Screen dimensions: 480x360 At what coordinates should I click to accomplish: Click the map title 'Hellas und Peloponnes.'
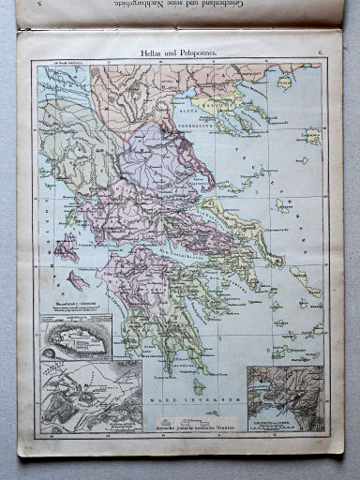coord(177,54)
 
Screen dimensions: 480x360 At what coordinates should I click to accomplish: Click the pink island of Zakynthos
coord(79,279)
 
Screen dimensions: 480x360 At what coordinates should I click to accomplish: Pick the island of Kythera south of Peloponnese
coord(198,385)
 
